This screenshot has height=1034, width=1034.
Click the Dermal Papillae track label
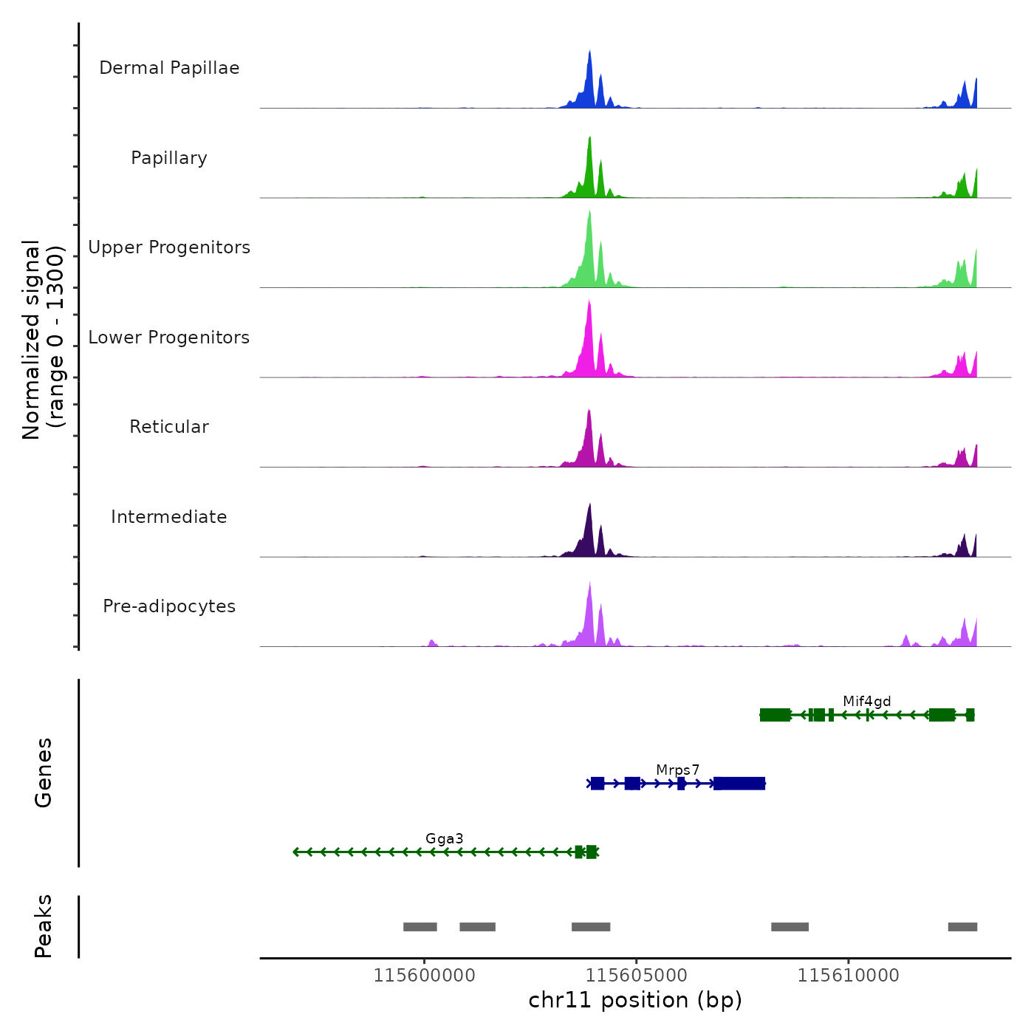coord(169,68)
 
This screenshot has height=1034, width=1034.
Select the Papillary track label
coord(169,158)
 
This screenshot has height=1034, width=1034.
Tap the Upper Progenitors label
coord(169,247)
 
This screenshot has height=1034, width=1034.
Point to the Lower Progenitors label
coord(169,338)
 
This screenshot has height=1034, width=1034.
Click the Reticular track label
coord(169,427)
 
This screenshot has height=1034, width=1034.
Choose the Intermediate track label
coord(169,517)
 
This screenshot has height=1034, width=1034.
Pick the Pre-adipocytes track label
coord(169,606)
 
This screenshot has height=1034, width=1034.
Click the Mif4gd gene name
coord(867,702)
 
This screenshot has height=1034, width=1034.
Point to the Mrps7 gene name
coord(677,770)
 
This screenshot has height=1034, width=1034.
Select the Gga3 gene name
coord(445,839)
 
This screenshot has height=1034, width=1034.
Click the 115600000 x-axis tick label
coord(425,976)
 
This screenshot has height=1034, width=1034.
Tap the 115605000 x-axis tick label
coord(637,976)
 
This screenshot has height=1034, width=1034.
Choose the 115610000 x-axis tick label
coord(849,976)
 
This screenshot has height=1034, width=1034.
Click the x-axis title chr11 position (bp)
coord(635,1000)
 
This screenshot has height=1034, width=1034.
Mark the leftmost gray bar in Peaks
coord(420,927)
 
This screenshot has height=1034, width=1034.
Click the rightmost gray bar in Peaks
coord(962,927)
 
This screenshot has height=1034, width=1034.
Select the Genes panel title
coord(44,773)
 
